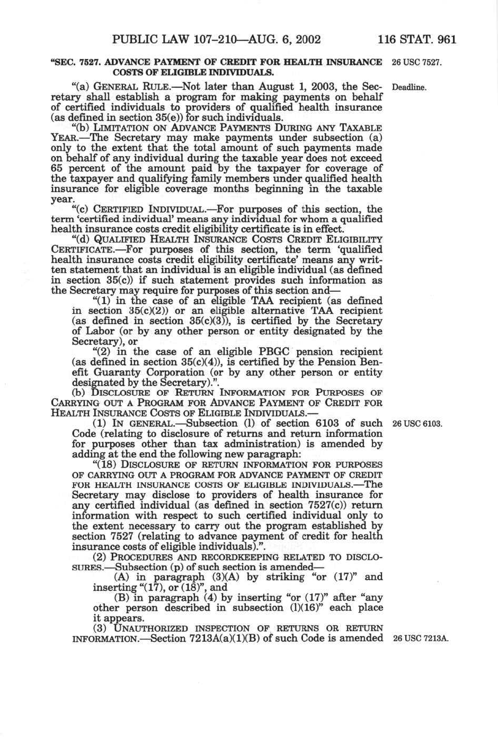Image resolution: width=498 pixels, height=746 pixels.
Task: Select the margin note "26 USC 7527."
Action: click(416, 62)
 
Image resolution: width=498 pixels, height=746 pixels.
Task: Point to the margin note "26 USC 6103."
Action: click(416, 424)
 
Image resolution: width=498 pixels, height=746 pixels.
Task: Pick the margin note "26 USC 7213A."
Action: click(420, 639)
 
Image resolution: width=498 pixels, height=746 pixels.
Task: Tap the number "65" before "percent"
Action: click(57, 168)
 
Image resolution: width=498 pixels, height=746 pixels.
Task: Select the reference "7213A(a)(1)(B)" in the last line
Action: click(230, 638)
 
